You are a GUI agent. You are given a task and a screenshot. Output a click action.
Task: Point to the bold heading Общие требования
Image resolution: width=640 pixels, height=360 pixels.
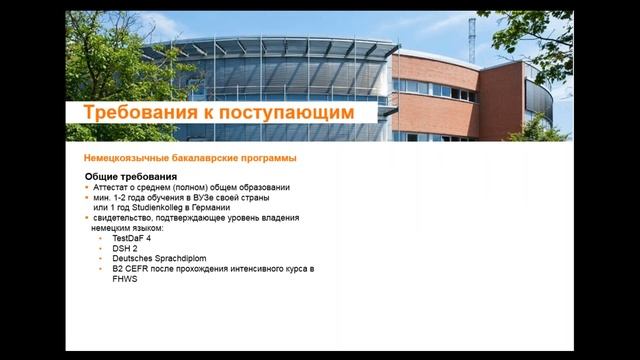pyautogui.click(x=138, y=177)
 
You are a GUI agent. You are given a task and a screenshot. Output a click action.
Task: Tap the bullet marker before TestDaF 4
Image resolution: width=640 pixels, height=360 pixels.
pyautogui.click(x=101, y=238)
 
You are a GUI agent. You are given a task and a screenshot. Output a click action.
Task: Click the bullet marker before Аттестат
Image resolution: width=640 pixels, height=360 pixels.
pyautogui.click(x=87, y=188)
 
